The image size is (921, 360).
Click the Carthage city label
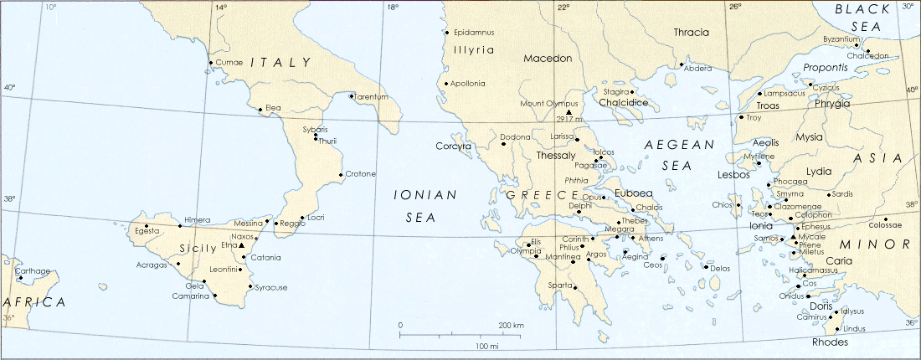(x=33, y=270)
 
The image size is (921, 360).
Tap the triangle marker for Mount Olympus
(x=569, y=112)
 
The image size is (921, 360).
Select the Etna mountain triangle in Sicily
(x=241, y=246)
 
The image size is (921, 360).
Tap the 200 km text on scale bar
(x=511, y=325)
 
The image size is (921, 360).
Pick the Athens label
(x=651, y=239)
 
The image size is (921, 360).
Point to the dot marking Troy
(x=740, y=117)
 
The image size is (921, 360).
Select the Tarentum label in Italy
(x=373, y=97)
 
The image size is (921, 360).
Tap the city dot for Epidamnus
(x=446, y=33)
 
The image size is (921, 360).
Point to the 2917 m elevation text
(x=568, y=119)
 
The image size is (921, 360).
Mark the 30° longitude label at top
(x=908, y=7)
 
